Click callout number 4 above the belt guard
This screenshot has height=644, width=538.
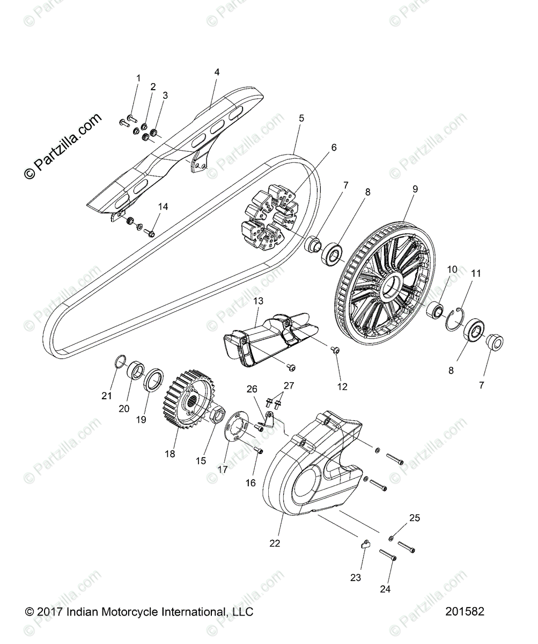tap(217, 71)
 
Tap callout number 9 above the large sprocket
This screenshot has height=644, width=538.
tap(415, 189)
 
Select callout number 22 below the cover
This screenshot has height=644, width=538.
tap(275, 543)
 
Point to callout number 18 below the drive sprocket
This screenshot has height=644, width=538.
tap(170, 454)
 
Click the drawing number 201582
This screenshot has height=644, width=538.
tap(465, 611)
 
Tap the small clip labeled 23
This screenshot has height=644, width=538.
tap(365, 545)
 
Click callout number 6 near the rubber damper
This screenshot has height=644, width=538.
tap(334, 147)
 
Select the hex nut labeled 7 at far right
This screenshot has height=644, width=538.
tap(493, 342)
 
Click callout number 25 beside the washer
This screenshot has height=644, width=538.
tap(415, 518)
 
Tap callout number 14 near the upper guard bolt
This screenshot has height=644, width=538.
tap(163, 206)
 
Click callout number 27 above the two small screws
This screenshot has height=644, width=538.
tap(289, 385)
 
